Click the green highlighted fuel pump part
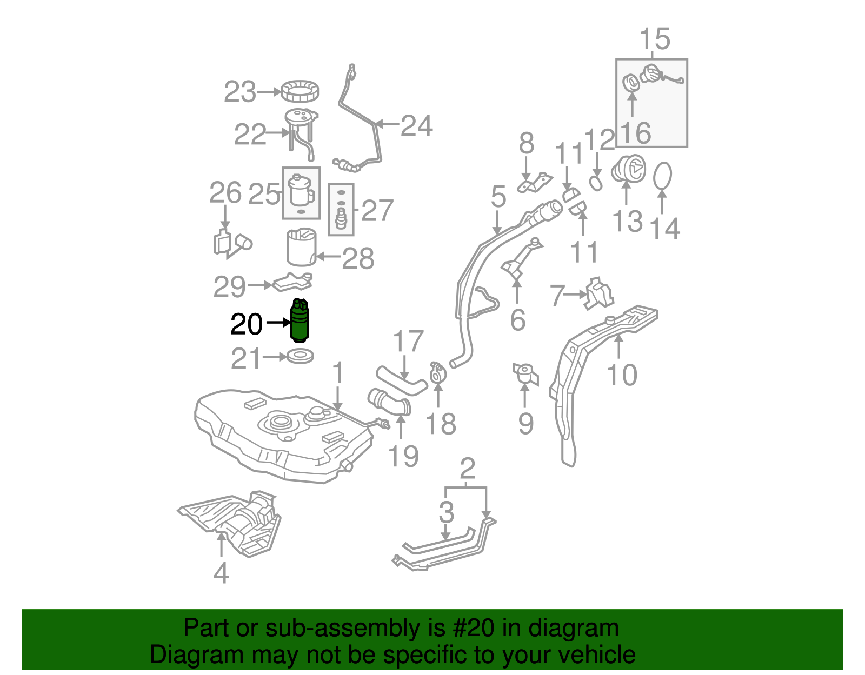click(300, 322)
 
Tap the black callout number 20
click(246, 325)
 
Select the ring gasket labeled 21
click(300, 357)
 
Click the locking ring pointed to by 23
click(300, 91)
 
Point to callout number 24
click(416, 126)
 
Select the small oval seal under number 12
click(595, 183)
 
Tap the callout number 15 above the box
click(654, 39)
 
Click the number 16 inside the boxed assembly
click(636, 133)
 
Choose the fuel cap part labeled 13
click(628, 169)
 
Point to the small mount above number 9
click(525, 373)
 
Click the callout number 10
click(622, 375)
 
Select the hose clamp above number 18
click(437, 372)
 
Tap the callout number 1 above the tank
click(338, 373)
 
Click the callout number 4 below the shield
click(221, 573)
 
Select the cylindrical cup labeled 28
click(301, 248)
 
